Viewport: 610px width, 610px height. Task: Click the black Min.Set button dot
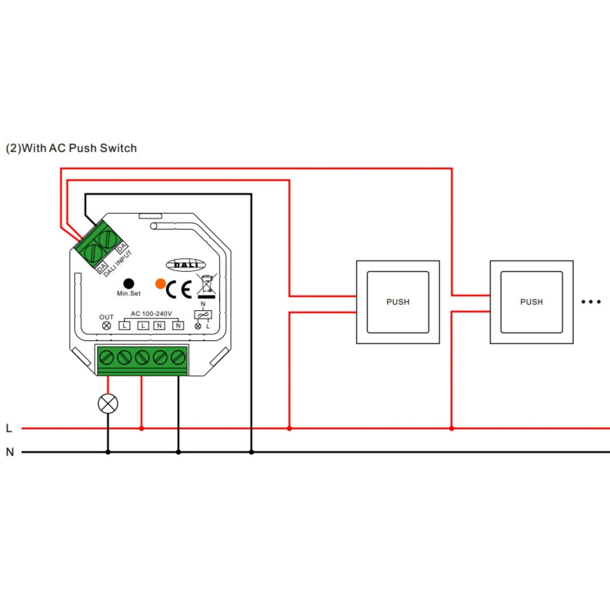coord(129,284)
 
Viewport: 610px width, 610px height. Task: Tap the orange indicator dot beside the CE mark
coord(161,284)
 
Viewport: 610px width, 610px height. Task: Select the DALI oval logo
coord(186,265)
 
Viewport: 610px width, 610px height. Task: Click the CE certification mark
coord(179,289)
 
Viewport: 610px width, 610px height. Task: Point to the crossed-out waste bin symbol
coord(207,286)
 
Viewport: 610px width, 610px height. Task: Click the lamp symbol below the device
coord(108,403)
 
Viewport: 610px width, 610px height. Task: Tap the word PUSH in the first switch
coord(398,302)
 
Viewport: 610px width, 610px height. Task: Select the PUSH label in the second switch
coord(531,302)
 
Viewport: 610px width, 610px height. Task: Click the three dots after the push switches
coord(591,302)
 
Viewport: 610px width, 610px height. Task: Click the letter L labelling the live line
coord(9,428)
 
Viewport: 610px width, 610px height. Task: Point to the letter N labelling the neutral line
coord(10,452)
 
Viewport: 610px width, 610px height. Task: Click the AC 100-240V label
coord(151,314)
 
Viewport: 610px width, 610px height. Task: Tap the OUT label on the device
coord(106,317)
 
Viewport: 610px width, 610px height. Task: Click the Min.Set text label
coord(129,293)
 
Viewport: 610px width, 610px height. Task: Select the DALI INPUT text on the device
coord(118,263)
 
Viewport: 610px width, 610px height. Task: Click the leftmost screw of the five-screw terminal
coord(106,357)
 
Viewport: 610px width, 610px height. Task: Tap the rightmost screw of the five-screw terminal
coord(178,357)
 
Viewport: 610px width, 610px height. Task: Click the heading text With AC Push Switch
coord(79,148)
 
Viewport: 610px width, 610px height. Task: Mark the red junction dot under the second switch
coord(451,428)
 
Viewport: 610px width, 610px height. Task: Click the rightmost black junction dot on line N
coord(251,452)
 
